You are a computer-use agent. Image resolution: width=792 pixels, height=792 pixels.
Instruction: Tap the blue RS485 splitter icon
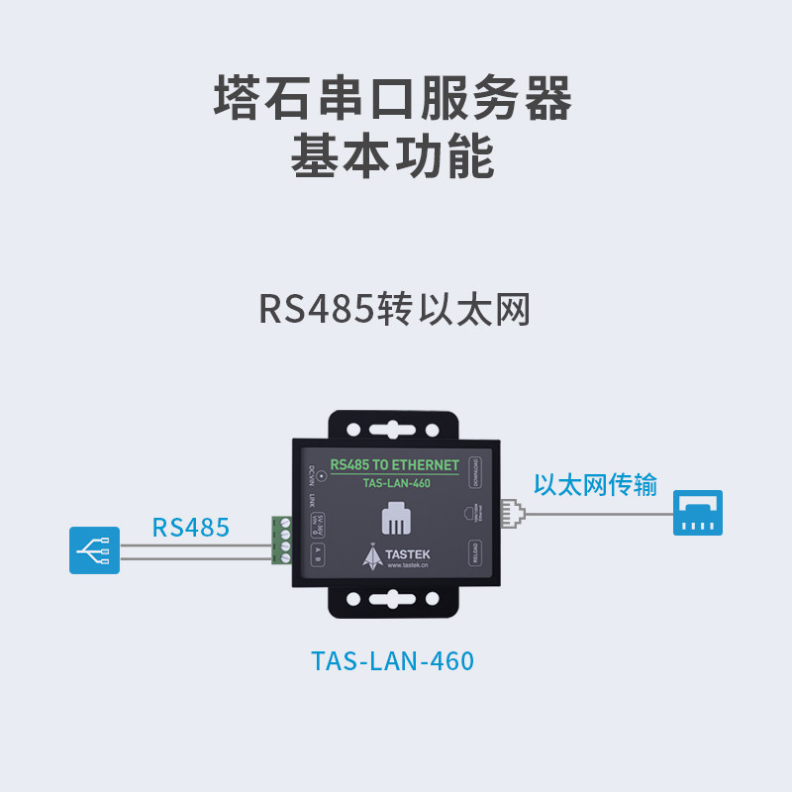pyautogui.click(x=94, y=549)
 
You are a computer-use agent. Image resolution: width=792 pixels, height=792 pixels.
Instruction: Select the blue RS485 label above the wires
pyautogui.click(x=190, y=527)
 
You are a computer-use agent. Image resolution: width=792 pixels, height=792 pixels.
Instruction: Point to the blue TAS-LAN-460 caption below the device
pyautogui.click(x=393, y=660)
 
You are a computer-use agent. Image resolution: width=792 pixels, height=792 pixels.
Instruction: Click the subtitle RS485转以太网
pyautogui.click(x=395, y=308)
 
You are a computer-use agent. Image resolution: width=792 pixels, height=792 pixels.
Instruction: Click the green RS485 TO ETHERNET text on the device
pyautogui.click(x=393, y=464)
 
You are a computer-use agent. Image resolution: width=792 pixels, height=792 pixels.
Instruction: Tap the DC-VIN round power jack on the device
pyautogui.click(x=321, y=476)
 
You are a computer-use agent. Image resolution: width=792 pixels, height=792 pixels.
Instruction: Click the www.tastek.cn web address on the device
pyautogui.click(x=407, y=566)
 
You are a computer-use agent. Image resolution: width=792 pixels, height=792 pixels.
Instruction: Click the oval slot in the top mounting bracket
pyautogui.click(x=393, y=432)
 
